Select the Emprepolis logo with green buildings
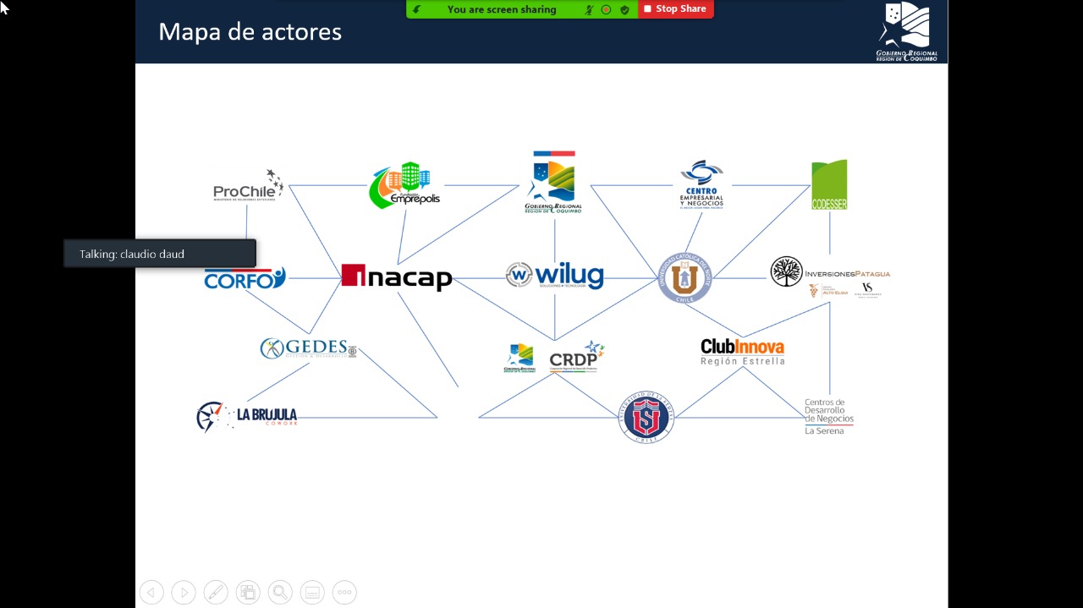point(404,186)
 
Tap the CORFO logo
point(245,278)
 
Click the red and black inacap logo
point(396,277)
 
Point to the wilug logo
point(555,276)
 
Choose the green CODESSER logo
point(829,184)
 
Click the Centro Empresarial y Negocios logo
point(701,184)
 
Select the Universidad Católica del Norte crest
point(685,277)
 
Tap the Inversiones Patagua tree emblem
point(786,271)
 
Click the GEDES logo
point(308,348)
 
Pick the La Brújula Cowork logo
point(247,416)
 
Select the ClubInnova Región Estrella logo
point(742,351)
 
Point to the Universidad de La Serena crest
point(646,416)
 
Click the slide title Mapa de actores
point(250,32)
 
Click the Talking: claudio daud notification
point(160,254)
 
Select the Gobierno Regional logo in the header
point(906,31)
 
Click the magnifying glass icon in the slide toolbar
point(280,592)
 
